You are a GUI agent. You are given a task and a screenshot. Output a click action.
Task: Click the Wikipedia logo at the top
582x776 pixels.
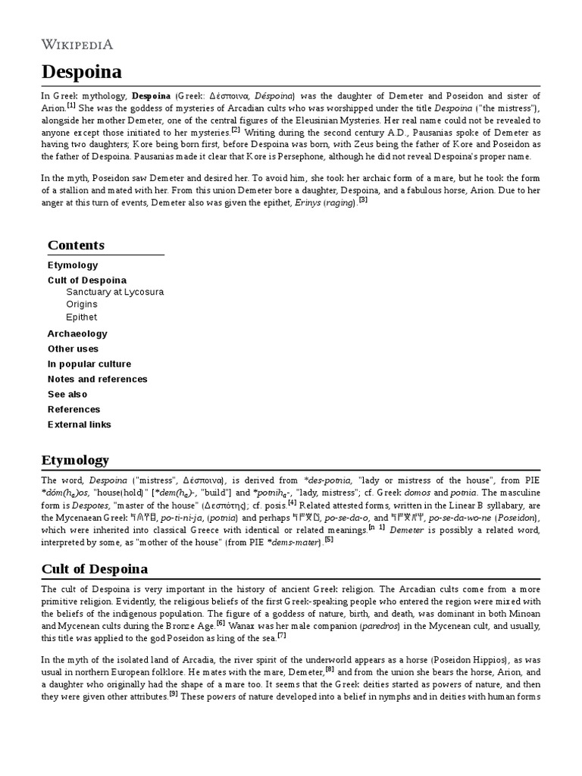click(77, 44)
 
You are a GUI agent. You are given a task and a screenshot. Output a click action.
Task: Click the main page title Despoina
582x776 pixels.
click(81, 72)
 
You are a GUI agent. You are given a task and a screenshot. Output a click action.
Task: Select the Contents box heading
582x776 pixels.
click(76, 245)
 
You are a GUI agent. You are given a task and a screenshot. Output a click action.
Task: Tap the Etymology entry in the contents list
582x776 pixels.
click(73, 265)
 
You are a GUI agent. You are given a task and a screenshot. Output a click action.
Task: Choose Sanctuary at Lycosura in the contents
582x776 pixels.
click(114, 292)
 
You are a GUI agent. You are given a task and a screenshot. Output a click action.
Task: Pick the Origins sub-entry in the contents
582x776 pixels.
click(81, 305)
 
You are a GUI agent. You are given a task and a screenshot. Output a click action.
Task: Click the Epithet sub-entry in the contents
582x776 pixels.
click(81, 318)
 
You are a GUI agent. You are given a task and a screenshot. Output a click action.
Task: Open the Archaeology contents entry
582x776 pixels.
click(77, 333)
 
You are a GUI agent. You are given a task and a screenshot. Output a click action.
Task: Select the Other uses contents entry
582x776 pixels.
click(73, 349)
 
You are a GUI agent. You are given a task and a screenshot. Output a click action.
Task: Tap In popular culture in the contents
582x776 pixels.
click(89, 364)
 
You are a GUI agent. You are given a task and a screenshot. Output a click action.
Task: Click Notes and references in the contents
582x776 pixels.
click(97, 379)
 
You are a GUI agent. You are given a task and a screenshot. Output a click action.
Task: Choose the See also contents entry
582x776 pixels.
click(67, 394)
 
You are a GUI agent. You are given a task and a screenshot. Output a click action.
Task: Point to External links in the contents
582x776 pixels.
click(79, 424)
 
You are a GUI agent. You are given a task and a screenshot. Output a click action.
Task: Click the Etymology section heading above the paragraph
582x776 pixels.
click(75, 460)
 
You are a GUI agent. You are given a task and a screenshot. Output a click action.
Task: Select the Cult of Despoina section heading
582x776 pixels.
click(95, 568)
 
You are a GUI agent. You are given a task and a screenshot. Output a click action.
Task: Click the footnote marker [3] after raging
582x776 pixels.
click(364, 201)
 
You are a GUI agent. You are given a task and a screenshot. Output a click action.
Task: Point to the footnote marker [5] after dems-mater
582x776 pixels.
click(328, 540)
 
